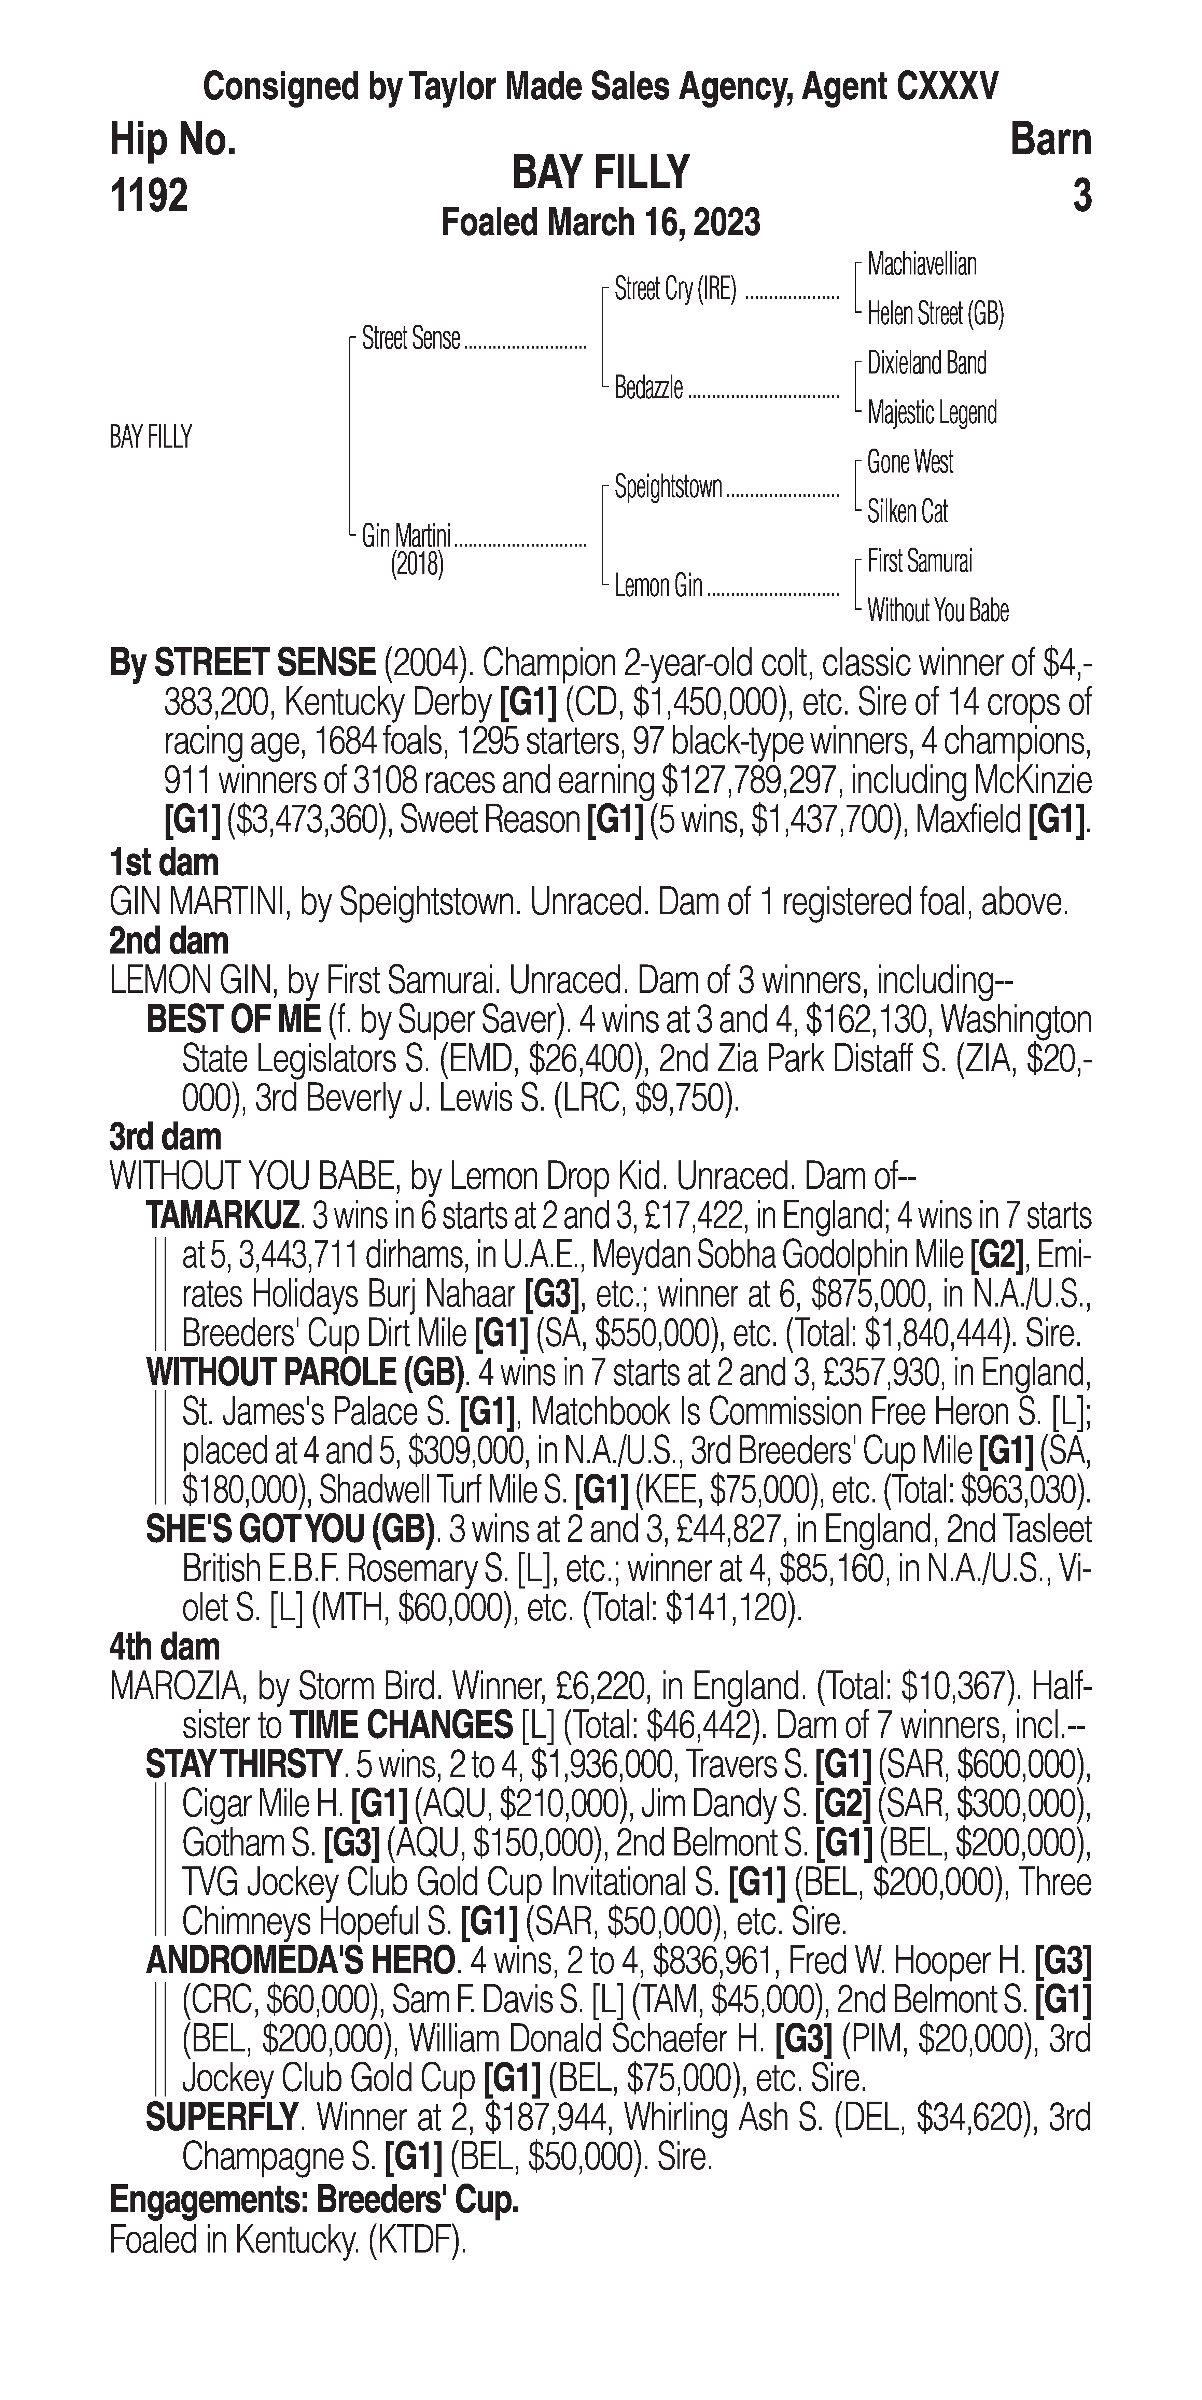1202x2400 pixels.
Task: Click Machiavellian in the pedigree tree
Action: click(x=922, y=265)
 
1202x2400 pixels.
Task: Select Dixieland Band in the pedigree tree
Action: click(x=926, y=363)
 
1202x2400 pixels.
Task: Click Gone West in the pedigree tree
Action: click(x=909, y=462)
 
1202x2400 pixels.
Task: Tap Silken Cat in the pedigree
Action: click(x=908, y=511)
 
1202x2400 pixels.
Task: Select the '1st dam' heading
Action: click(x=164, y=862)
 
